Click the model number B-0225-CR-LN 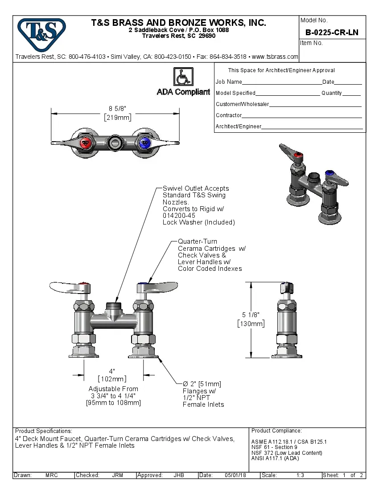tap(332, 33)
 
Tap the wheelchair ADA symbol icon tap(183, 77)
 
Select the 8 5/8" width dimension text tap(118, 109)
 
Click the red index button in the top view tap(85, 143)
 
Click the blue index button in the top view tap(144, 143)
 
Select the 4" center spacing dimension tap(112, 371)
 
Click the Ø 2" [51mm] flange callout tap(202, 384)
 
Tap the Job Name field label tap(229, 82)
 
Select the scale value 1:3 tap(300, 475)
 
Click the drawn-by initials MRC tap(52, 475)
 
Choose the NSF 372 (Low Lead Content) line tap(286, 453)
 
